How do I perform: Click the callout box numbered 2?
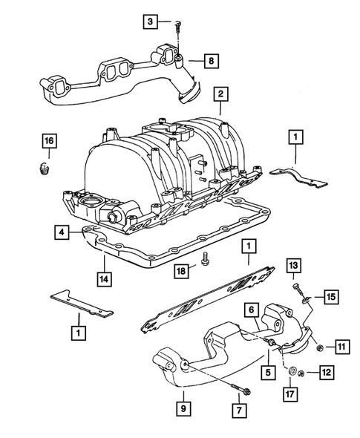220,94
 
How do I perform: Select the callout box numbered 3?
151,24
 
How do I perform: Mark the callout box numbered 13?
293,267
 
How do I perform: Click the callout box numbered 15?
331,297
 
